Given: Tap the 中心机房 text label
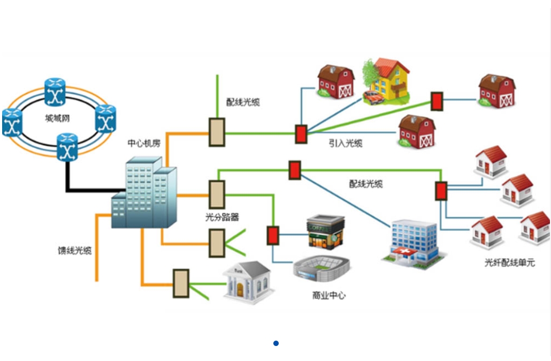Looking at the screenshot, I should [x=144, y=144].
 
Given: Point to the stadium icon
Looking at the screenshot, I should [x=322, y=268].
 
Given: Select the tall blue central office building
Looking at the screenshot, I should [x=144, y=193].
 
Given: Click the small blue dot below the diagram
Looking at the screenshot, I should [x=276, y=343].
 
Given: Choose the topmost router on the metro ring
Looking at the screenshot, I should [x=55, y=92].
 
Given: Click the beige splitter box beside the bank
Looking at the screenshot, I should [x=181, y=283].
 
